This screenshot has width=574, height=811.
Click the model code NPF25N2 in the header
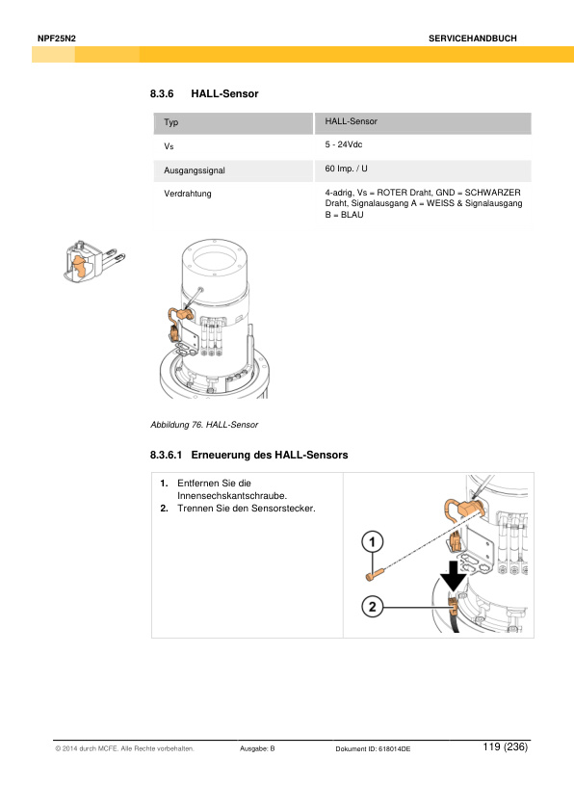tap(57, 39)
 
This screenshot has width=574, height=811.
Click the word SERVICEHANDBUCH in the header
tap(472, 39)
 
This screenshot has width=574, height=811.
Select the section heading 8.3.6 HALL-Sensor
tap(204, 93)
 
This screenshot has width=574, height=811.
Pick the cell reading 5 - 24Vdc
tap(344, 144)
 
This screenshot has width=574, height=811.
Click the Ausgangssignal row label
tap(195, 170)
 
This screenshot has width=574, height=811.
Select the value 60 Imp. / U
tap(346, 169)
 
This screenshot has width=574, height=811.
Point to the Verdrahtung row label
tap(188, 194)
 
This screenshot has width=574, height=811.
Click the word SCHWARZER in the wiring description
tap(492, 193)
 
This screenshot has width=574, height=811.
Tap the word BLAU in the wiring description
tap(352, 215)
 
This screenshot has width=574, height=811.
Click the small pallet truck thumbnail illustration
tap(94, 261)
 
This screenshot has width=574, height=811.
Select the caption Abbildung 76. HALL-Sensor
tap(204, 425)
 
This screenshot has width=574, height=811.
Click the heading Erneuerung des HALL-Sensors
tap(270, 456)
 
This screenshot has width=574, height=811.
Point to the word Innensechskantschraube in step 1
tap(232, 495)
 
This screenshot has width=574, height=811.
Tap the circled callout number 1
tap(373, 542)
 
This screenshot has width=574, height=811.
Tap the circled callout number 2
tap(373, 606)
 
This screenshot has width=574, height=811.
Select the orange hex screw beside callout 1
tap(375, 574)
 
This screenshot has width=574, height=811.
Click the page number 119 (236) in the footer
tap(506, 746)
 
